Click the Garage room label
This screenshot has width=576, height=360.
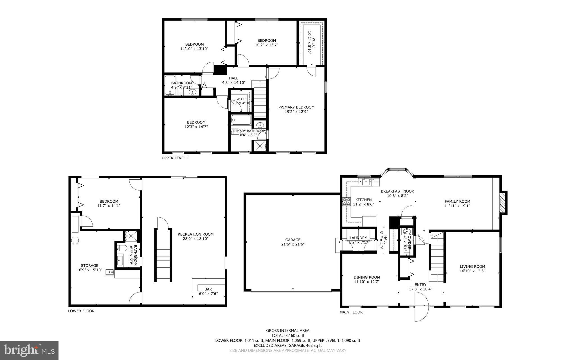click(293, 240)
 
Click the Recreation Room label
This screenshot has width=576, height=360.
click(195, 234)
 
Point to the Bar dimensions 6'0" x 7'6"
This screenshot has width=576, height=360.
click(208, 294)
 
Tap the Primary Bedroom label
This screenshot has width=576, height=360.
click(296, 107)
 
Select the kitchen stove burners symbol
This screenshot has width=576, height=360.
click(346, 202)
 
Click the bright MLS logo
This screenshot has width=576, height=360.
click(29, 350)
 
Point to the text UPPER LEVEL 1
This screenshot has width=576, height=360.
click(175, 158)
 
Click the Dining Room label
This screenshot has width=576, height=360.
click(367, 277)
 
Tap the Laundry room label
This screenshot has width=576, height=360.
click(358, 238)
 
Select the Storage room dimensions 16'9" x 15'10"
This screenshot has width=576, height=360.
click(89, 270)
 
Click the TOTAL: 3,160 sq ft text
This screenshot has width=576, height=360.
click(288, 336)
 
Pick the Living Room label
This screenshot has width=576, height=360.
click(472, 267)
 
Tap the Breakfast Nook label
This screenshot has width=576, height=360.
click(397, 191)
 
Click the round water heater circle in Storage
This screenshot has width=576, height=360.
click(75, 240)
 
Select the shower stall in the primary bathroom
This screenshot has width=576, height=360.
click(260, 146)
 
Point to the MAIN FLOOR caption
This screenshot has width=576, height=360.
click(351, 312)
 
